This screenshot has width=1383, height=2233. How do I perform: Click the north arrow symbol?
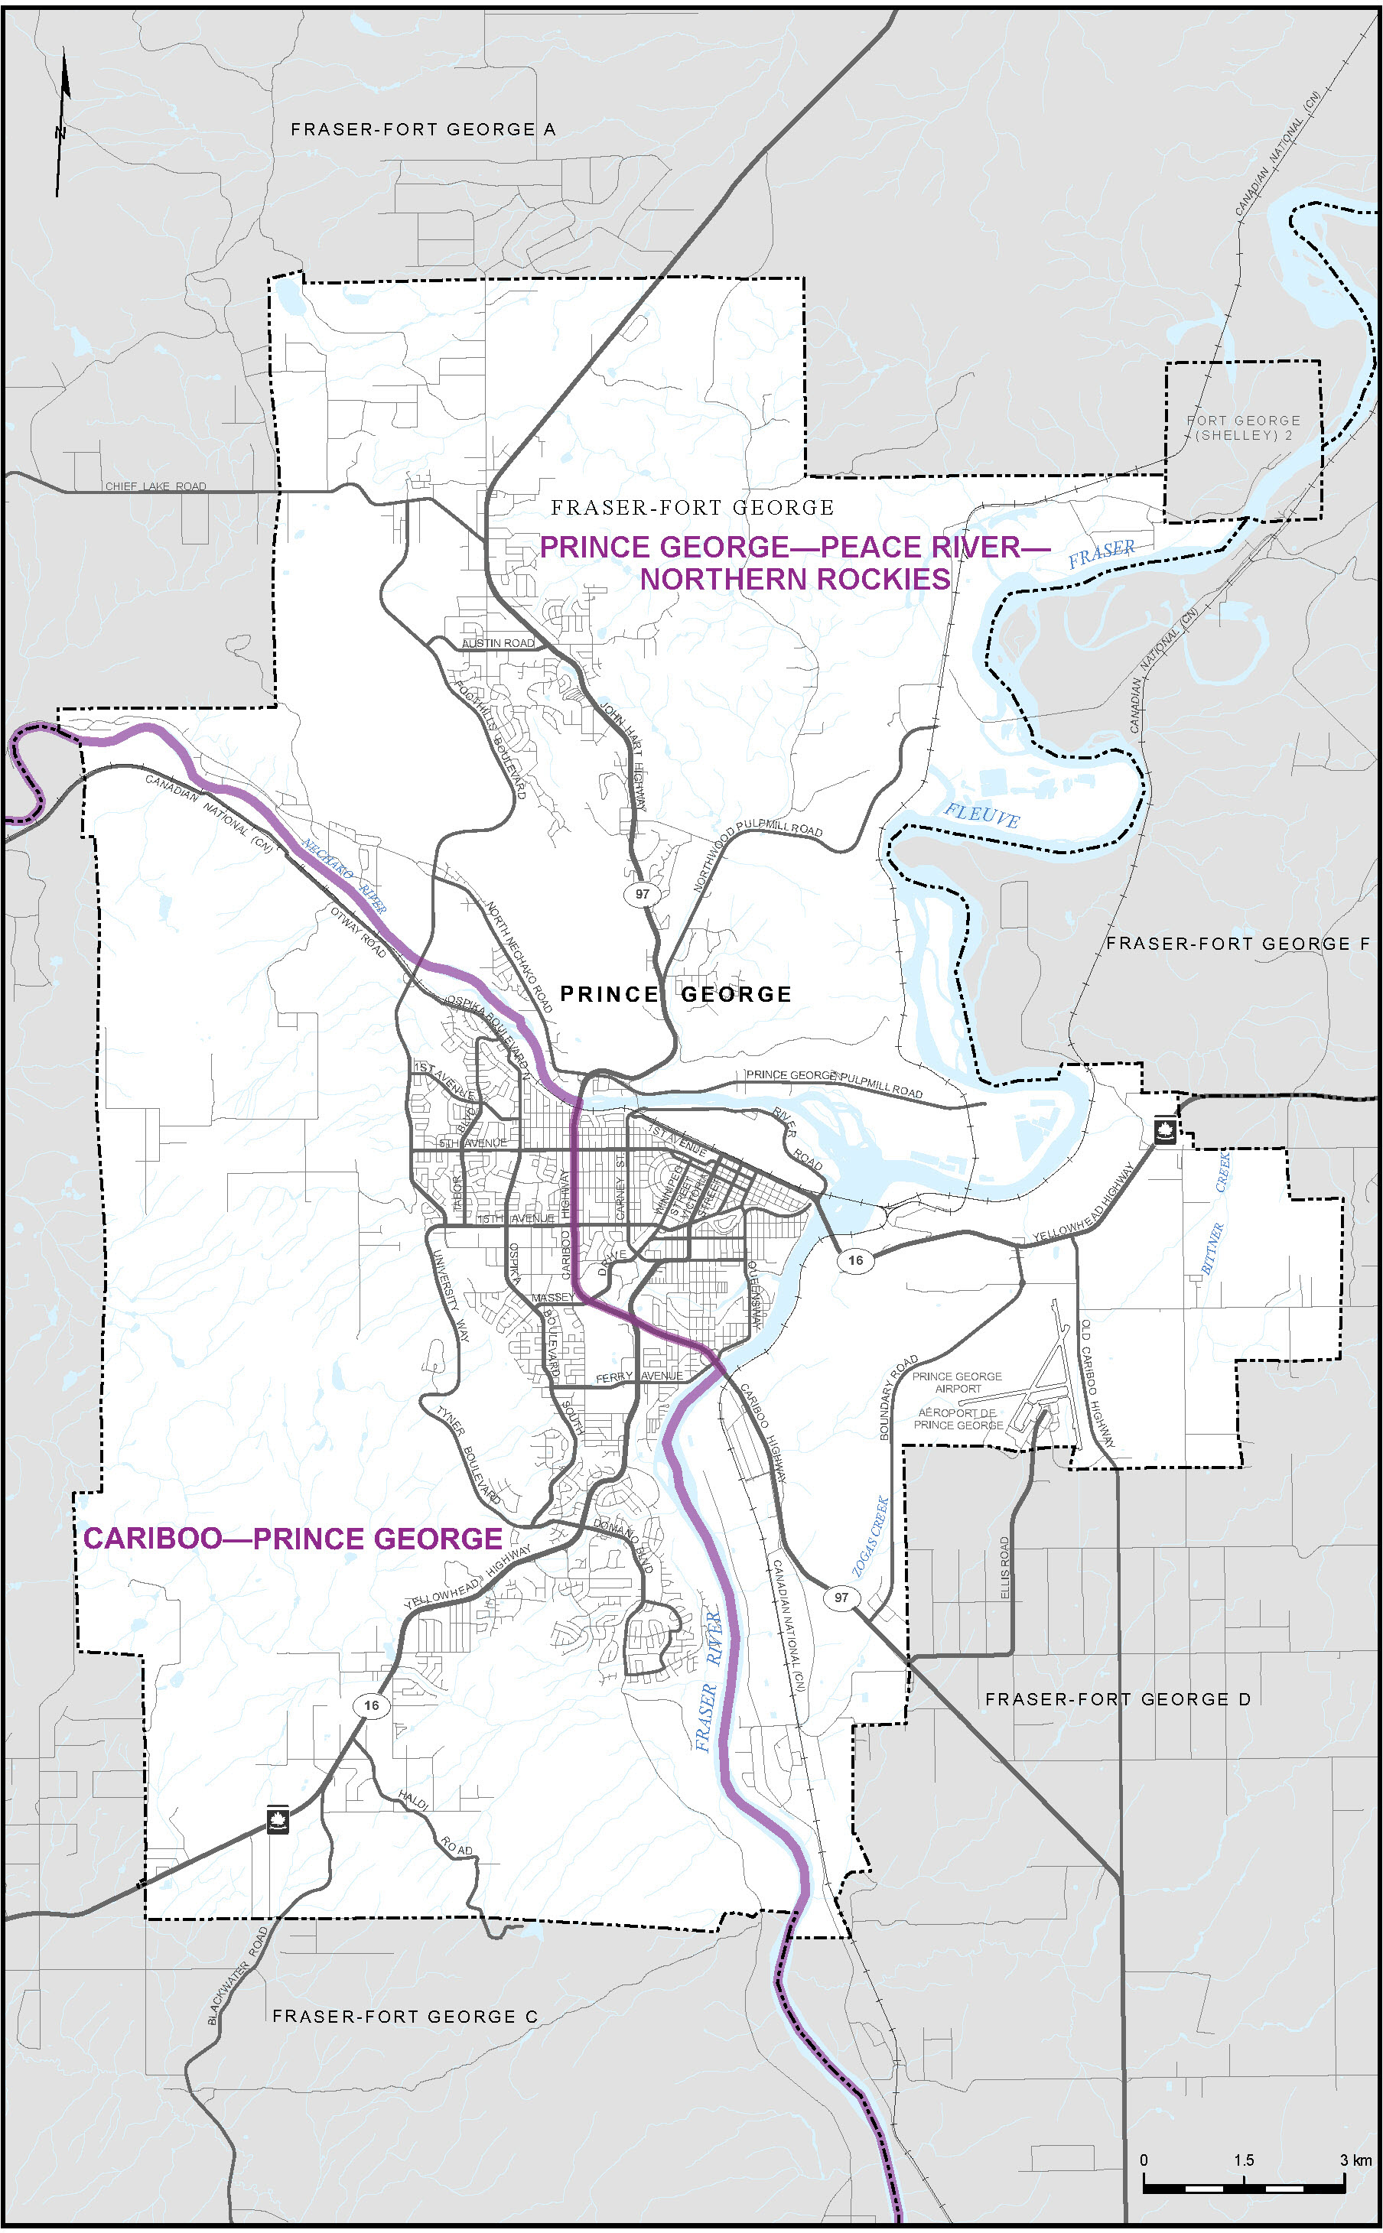[x=62, y=123]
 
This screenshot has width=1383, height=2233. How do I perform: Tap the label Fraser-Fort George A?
[x=422, y=130]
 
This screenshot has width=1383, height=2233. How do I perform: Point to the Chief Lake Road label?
[x=155, y=486]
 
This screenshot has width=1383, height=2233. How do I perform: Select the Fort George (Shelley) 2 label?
[x=1243, y=428]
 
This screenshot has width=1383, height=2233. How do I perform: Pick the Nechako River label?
[x=345, y=876]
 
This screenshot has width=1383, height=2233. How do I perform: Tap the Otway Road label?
[x=358, y=931]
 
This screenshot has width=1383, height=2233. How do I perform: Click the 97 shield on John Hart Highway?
[x=642, y=893]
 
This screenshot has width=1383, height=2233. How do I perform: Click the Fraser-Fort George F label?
[x=1238, y=943]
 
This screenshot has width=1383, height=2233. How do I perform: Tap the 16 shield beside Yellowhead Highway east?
[x=855, y=1260]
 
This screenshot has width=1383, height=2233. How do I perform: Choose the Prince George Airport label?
[x=957, y=1382]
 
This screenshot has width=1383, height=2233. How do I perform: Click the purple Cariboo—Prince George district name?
[x=293, y=1538]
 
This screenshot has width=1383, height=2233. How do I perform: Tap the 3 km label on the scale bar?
[x=1355, y=2160]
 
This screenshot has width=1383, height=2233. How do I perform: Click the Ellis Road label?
[x=1005, y=1568]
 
